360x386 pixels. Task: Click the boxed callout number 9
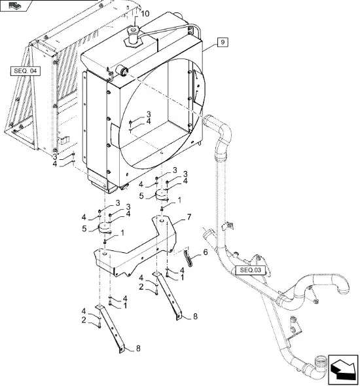coord(223,43)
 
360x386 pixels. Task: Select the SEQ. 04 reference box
coord(26,71)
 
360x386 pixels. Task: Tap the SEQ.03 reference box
coord(250,270)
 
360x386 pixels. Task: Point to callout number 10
coord(145,14)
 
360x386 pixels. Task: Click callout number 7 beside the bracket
coord(189,217)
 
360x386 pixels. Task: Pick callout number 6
coord(205,252)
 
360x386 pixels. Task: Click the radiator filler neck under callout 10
coord(134,37)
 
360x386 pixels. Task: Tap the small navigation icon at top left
coord(15,5)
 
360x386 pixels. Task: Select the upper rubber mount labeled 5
coord(162,195)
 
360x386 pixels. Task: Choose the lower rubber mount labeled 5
coord(105,227)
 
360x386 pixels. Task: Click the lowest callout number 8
coord(138,349)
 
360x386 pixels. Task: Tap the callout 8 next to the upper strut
coord(195,317)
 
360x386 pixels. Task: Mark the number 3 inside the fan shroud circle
coord(149,114)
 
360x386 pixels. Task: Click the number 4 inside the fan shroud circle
coord(149,121)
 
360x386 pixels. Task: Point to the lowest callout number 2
coord(84,320)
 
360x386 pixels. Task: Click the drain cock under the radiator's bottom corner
coord(124,187)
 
